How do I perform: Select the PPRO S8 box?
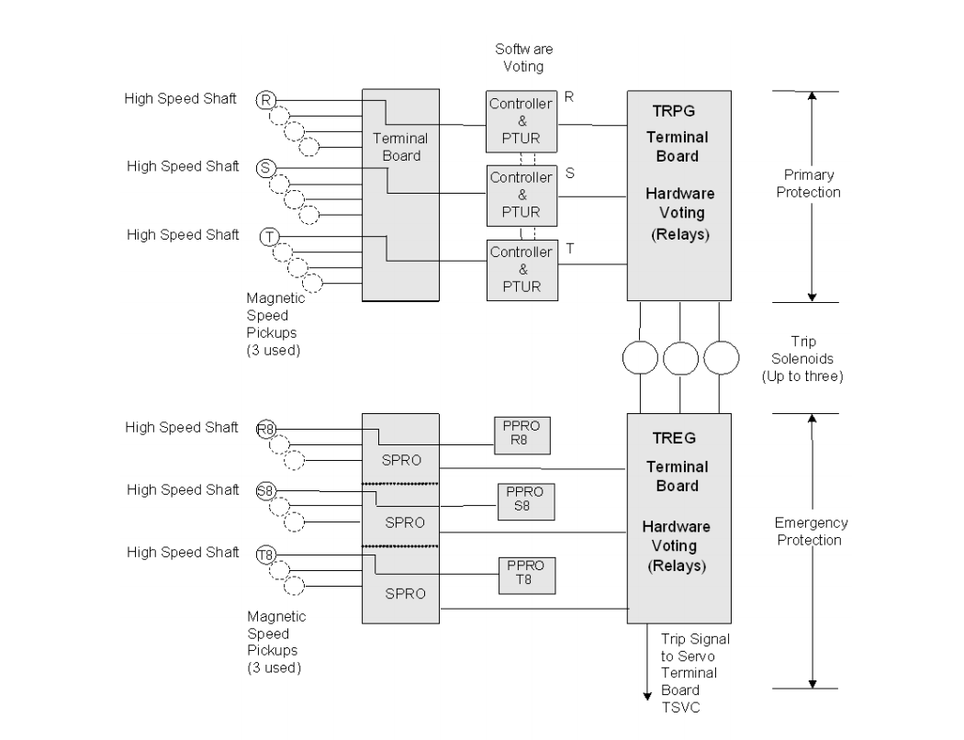point(521,500)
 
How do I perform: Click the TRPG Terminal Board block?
point(678,195)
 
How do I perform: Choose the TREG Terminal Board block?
point(678,518)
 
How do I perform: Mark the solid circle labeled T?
point(269,237)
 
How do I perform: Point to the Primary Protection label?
point(812,184)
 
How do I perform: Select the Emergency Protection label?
point(812,531)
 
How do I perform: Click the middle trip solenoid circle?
point(679,358)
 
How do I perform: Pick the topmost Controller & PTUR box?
point(521,121)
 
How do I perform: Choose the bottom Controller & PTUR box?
point(521,269)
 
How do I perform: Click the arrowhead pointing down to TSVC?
point(648,705)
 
